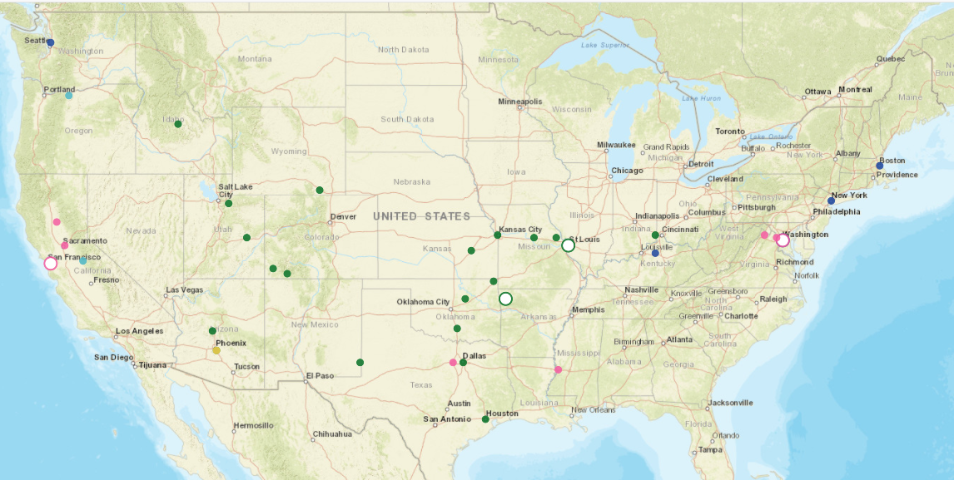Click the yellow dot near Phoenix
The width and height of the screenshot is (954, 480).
216,350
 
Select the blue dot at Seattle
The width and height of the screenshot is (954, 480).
50,42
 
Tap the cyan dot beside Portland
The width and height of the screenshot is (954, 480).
69,96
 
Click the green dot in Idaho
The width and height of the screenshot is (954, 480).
177,124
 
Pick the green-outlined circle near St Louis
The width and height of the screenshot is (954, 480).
568,245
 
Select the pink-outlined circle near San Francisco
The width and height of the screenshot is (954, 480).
50,263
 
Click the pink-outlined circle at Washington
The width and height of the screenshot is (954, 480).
783,240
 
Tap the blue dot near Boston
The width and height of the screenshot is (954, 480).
879,166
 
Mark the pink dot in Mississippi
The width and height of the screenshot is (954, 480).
558,369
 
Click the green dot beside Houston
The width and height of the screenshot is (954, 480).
485,419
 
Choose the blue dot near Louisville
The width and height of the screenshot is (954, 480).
655,253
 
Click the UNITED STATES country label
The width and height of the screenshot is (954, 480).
421,216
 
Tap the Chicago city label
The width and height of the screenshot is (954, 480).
627,171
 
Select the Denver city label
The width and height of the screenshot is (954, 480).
343,216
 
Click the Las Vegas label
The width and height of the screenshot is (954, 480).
184,290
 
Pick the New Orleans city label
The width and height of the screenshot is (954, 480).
594,410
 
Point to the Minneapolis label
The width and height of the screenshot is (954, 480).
519,101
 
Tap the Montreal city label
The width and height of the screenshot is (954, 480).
855,90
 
